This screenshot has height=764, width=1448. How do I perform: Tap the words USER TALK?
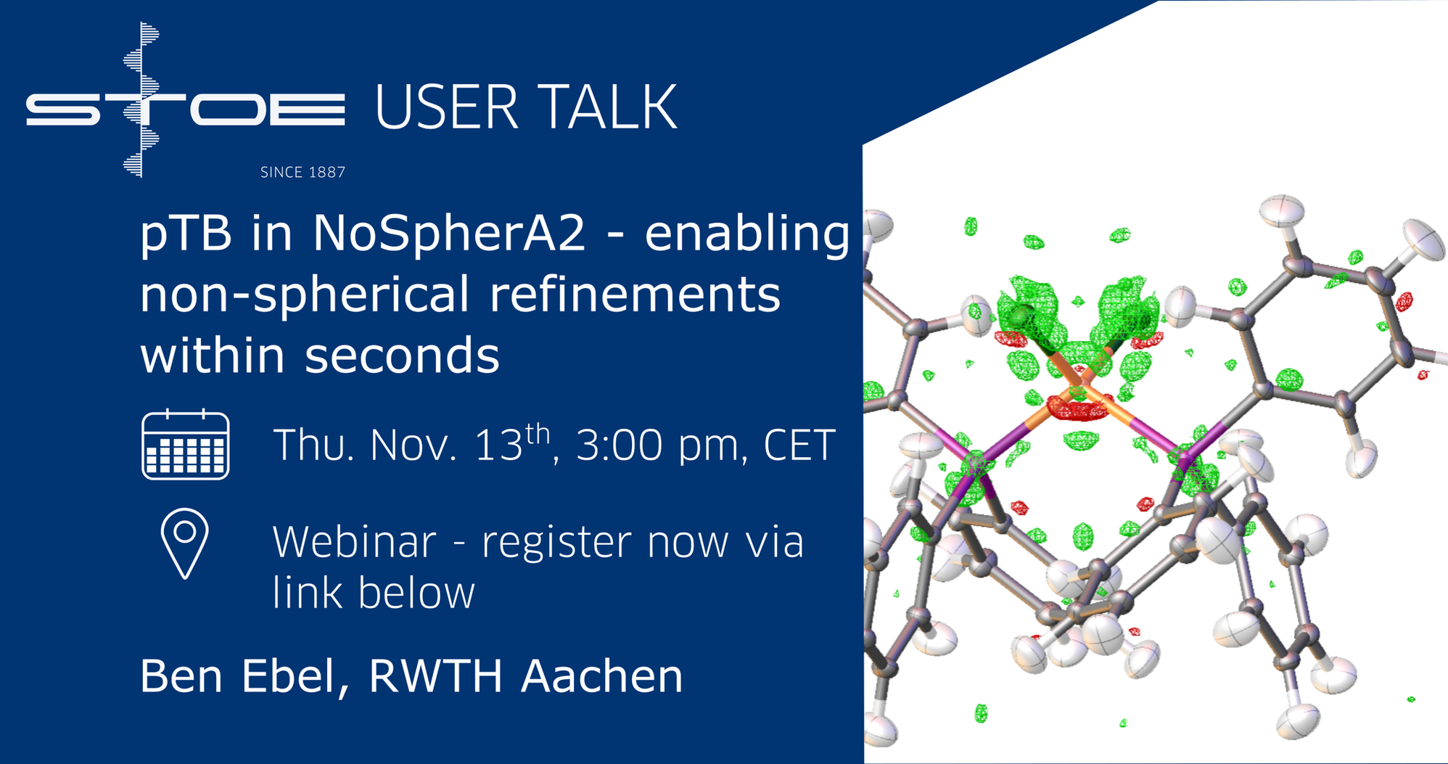(x=526, y=107)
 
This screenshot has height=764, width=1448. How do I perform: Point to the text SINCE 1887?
(x=303, y=172)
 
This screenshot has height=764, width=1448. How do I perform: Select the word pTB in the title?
(x=186, y=234)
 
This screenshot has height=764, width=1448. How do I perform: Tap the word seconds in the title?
(x=402, y=355)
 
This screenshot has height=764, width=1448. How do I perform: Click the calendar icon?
(x=186, y=444)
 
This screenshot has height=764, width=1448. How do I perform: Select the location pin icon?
(x=185, y=543)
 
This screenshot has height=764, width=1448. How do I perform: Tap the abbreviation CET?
(x=799, y=445)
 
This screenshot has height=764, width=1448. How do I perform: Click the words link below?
(x=374, y=593)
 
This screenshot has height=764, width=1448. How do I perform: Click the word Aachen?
(x=602, y=676)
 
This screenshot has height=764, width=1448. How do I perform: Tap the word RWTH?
(x=435, y=676)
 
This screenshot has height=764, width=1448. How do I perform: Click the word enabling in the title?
(x=747, y=235)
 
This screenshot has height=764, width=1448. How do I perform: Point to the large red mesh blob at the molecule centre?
(x=1079, y=409)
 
